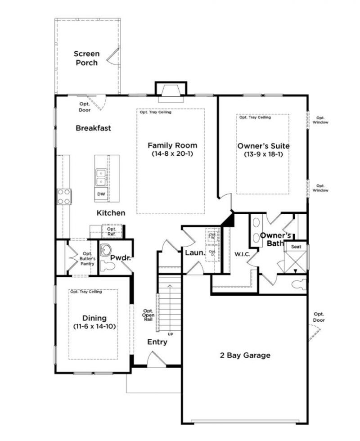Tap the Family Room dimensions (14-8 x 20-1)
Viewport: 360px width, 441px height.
(172, 154)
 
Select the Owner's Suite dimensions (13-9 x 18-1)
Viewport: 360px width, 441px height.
(263, 154)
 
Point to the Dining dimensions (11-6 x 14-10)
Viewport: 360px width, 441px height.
(94, 326)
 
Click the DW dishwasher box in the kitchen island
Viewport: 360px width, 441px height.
(101, 194)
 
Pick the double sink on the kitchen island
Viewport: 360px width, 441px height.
(101, 177)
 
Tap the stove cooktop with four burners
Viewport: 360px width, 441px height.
(64, 197)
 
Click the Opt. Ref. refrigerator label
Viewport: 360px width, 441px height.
(111, 231)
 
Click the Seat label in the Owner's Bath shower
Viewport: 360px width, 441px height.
(296, 247)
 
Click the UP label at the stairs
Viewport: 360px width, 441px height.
(171, 334)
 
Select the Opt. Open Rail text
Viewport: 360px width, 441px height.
(148, 315)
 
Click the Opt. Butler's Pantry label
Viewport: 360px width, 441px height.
(88, 258)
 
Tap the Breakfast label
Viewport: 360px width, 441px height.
(93, 128)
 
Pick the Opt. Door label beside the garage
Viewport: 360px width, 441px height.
(319, 317)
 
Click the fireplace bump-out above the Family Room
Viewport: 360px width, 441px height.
(171, 89)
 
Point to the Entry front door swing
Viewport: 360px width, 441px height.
(157, 360)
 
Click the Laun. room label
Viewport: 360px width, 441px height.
(195, 253)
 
